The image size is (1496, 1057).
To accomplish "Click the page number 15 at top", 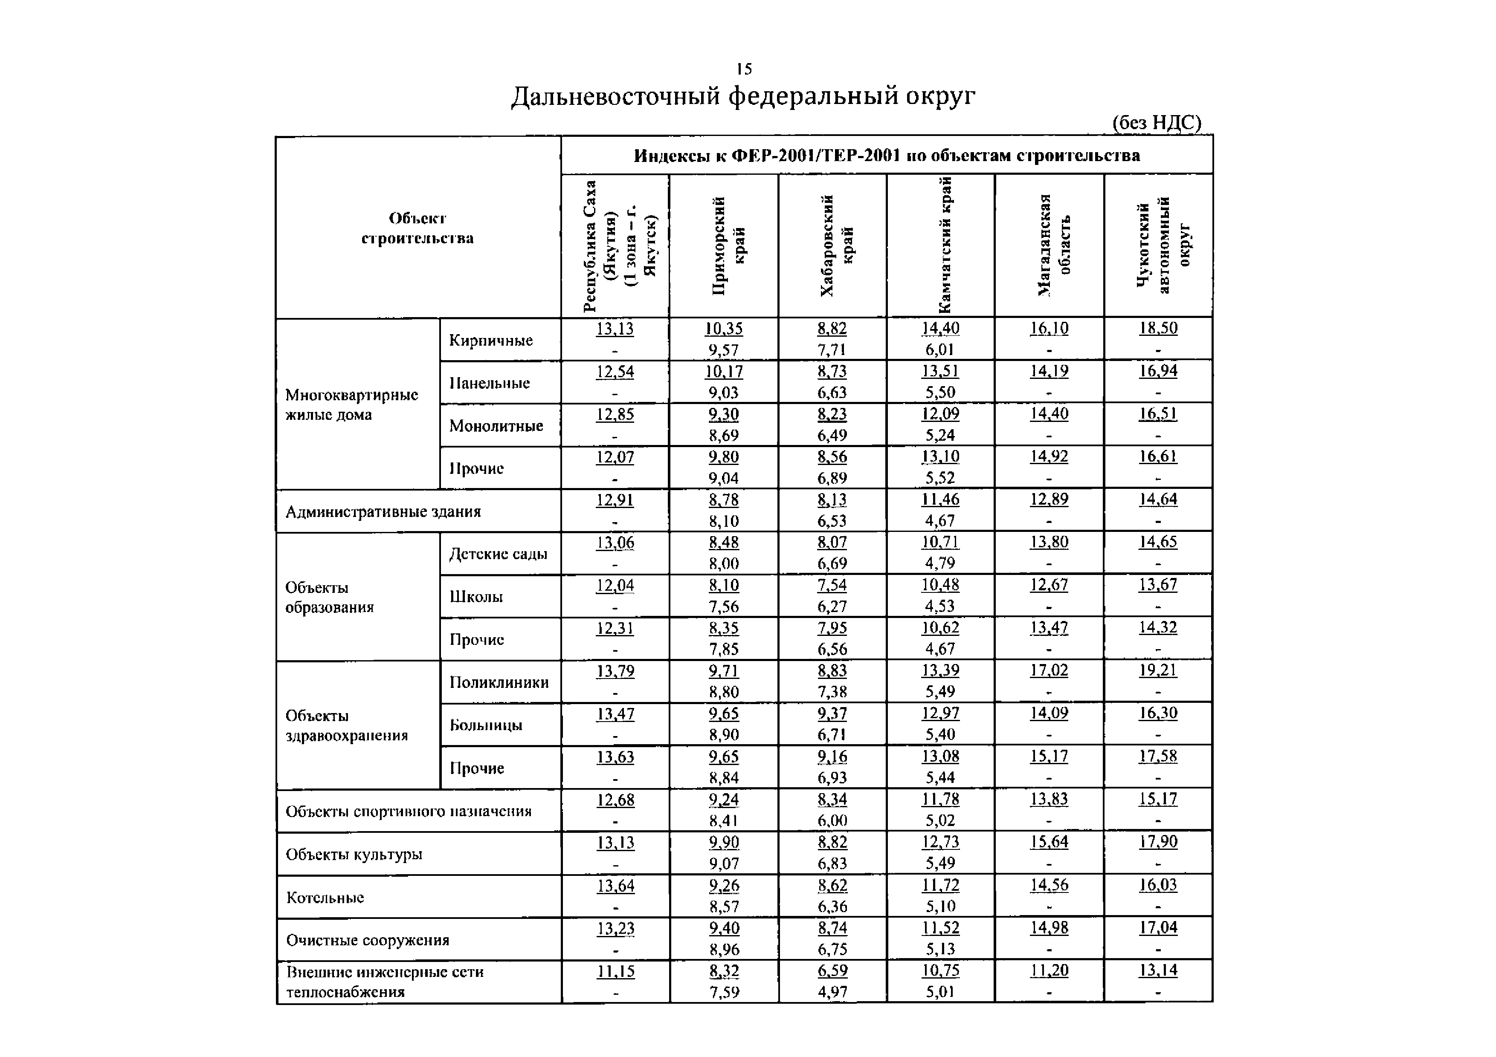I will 744,69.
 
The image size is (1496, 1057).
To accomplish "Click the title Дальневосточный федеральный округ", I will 743,96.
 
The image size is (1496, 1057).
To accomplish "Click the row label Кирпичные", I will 490,341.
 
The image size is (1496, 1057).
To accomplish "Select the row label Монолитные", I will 496,426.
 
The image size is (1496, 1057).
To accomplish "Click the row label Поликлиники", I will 499,682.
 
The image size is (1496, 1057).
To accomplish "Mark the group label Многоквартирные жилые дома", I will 351,405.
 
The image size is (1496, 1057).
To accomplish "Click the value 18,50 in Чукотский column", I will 1158,328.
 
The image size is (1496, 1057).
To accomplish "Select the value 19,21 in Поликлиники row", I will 1158,671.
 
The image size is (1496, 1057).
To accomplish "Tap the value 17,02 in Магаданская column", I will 1049,671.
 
